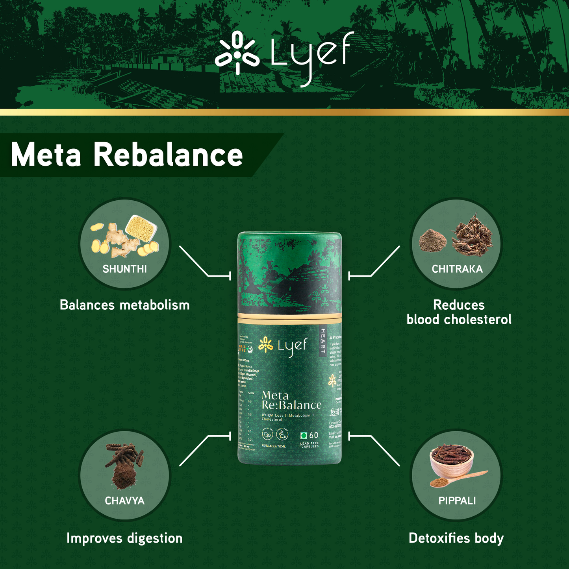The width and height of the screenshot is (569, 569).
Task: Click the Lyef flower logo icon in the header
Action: click(x=237, y=53)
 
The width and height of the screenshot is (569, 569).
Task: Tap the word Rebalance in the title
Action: click(x=168, y=155)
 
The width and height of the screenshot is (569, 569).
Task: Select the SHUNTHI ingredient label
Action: click(x=124, y=269)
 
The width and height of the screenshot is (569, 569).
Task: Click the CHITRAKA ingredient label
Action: click(x=457, y=269)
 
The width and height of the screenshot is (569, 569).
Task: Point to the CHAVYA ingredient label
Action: click(x=124, y=501)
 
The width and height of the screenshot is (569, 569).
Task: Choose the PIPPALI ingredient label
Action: click(x=457, y=501)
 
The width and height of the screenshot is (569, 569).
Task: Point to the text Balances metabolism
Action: click(x=124, y=305)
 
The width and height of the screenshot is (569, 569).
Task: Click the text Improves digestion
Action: click(x=124, y=538)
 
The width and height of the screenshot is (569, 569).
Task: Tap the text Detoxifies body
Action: click(x=456, y=538)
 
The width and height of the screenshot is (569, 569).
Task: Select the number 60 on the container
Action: click(x=313, y=435)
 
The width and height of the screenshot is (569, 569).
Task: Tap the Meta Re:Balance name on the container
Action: click(x=291, y=401)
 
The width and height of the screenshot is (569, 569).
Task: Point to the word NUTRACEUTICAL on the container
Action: click(x=274, y=446)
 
